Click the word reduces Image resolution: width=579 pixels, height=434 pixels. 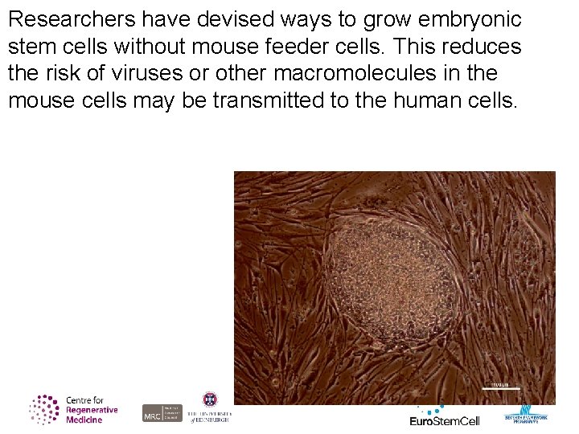click(x=478, y=47)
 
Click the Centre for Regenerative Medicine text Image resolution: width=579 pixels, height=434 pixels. click(x=91, y=410)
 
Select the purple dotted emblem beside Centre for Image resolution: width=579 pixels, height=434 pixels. click(x=45, y=409)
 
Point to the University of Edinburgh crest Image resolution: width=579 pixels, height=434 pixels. click(x=209, y=400)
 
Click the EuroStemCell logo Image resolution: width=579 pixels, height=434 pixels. click(x=445, y=418)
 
